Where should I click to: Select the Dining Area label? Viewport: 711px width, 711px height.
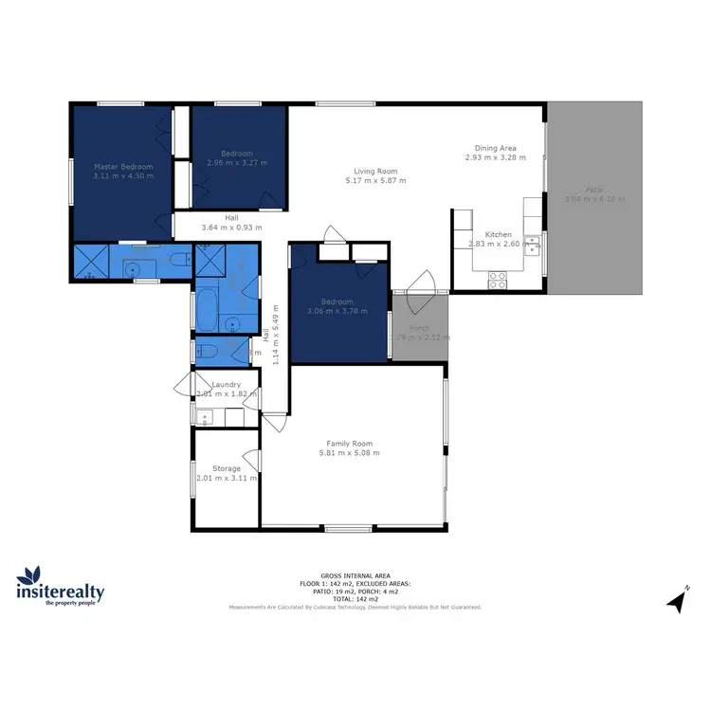point(495,148)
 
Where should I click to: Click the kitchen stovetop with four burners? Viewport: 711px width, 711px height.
point(497,280)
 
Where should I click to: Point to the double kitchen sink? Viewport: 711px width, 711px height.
point(534,246)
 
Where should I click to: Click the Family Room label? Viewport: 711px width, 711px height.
point(350,444)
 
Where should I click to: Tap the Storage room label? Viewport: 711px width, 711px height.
point(226,468)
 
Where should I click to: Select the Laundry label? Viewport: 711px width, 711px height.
point(226,384)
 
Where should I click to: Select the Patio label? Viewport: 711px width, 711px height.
point(594,189)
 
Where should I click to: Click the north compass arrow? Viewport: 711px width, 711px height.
point(676,600)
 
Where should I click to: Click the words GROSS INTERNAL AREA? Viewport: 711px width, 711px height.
point(355,575)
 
